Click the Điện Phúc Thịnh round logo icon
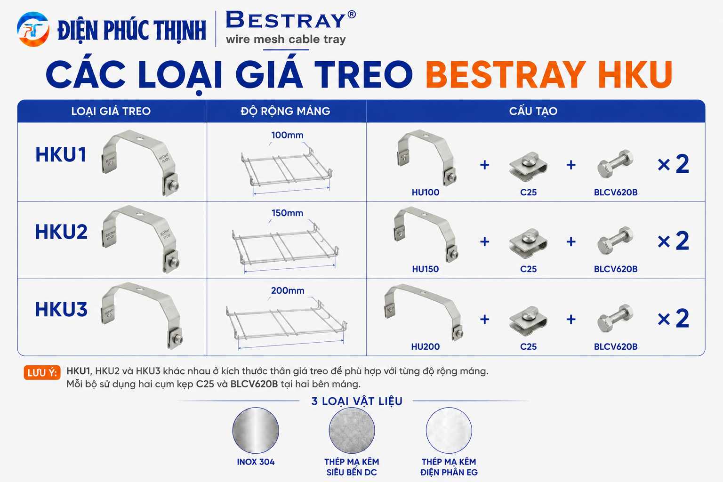[x=33, y=29]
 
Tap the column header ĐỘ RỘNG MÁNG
[x=285, y=111]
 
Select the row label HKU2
[x=61, y=232]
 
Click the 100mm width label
[x=287, y=135]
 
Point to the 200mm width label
[x=288, y=290]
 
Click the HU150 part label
[x=426, y=269]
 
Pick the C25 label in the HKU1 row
[x=529, y=193]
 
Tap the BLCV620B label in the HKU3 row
[x=616, y=347]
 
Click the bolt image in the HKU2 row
[x=615, y=241]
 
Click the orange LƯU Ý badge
[x=42, y=373]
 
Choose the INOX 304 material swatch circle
[x=256, y=430]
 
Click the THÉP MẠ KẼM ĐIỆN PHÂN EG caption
[x=449, y=467]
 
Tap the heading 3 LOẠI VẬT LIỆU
[x=357, y=401]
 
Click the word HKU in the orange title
[x=635, y=74]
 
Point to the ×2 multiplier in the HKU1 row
[x=673, y=164]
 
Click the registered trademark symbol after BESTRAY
[x=352, y=14]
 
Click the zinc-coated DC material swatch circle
[x=352, y=430]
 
